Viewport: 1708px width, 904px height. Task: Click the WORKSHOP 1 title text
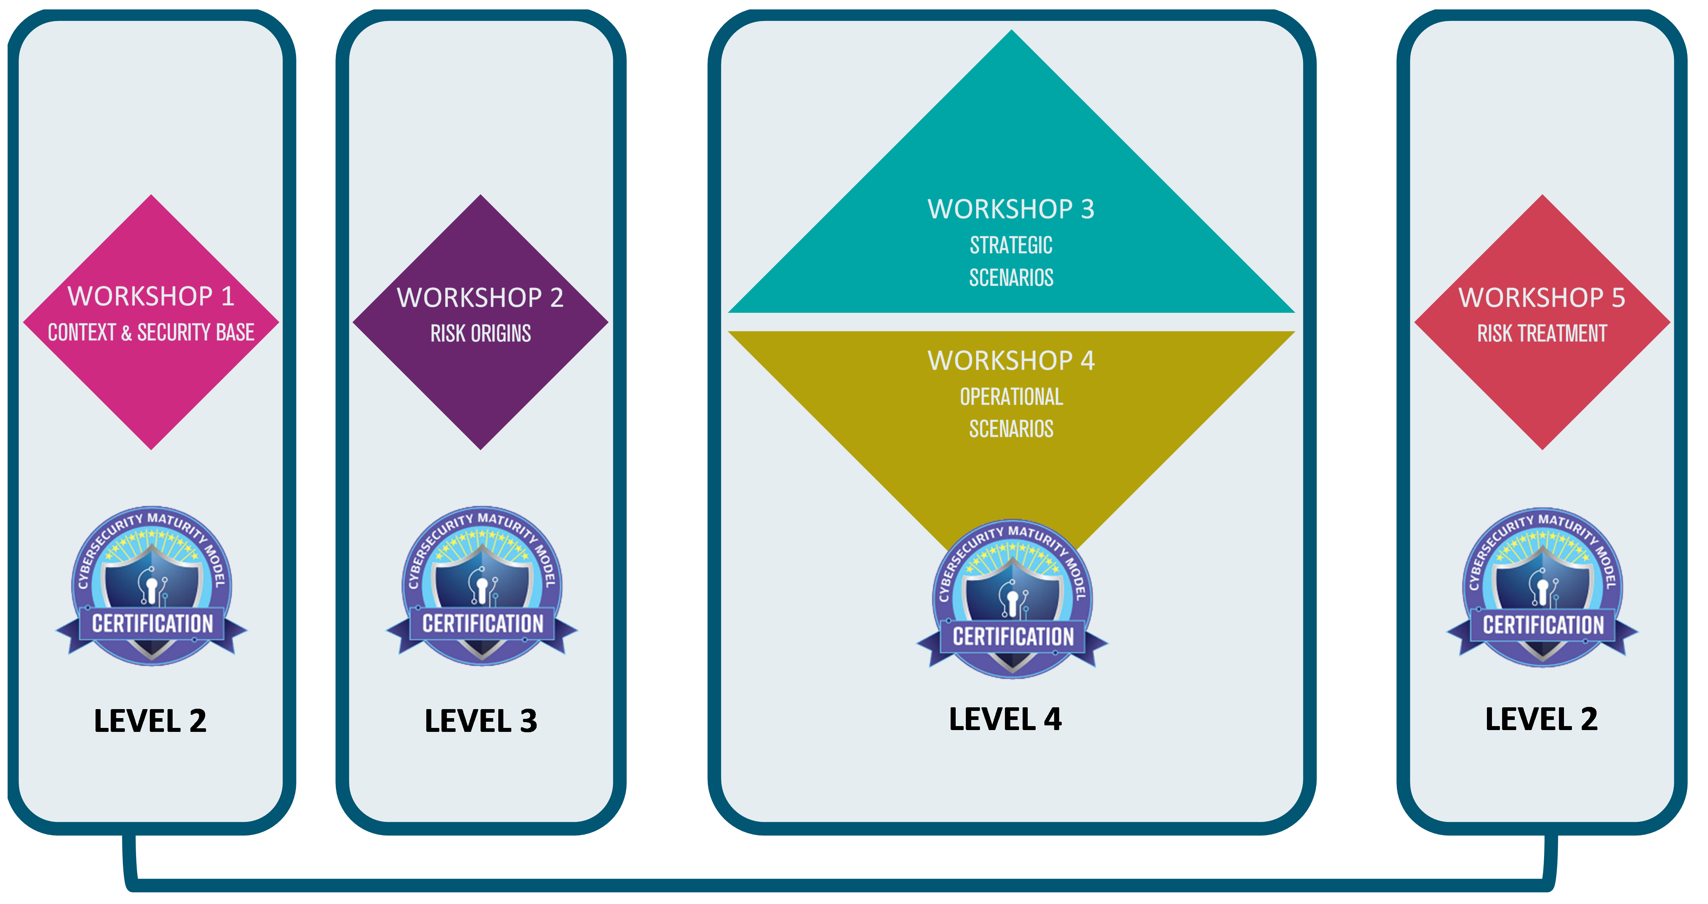(151, 296)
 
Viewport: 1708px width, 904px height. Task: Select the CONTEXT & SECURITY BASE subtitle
(151, 332)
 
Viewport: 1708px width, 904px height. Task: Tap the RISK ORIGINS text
(481, 333)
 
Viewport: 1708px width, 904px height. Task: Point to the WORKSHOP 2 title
(480, 298)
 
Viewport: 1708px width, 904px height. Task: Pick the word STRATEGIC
(1011, 245)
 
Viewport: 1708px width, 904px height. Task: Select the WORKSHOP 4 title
(1011, 361)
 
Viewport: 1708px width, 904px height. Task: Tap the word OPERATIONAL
(1011, 397)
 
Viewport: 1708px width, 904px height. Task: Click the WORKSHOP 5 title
(1542, 298)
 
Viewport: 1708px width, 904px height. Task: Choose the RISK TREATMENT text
(1542, 333)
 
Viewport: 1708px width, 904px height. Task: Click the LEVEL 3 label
(481, 721)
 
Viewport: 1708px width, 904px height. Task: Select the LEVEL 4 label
(1005, 719)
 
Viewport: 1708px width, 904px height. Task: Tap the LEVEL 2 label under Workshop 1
(151, 721)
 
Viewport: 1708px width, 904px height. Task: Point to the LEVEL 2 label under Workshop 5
(1542, 719)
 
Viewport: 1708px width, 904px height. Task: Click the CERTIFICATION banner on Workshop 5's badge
(1543, 625)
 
